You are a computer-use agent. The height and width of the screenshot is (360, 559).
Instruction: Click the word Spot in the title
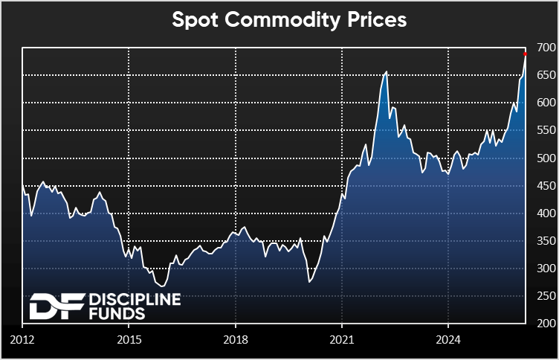[x=195, y=20]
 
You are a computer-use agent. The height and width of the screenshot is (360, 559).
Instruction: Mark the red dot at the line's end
[x=526, y=54]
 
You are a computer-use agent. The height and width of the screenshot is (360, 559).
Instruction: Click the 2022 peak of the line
[x=387, y=72]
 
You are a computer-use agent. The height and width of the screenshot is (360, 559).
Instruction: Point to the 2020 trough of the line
[x=308, y=281]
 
